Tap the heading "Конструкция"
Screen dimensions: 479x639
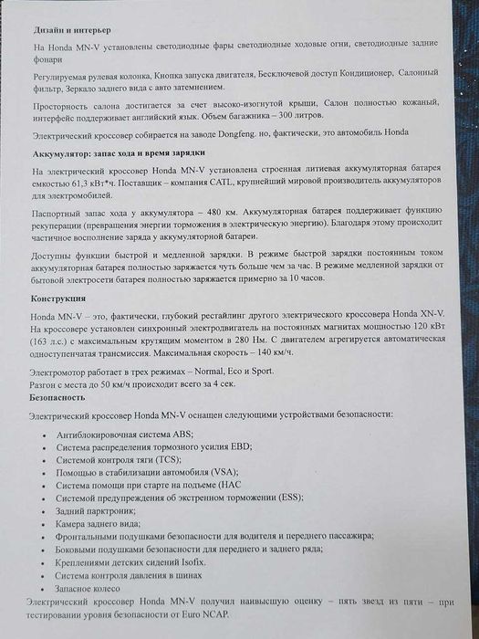click(x=60, y=299)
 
